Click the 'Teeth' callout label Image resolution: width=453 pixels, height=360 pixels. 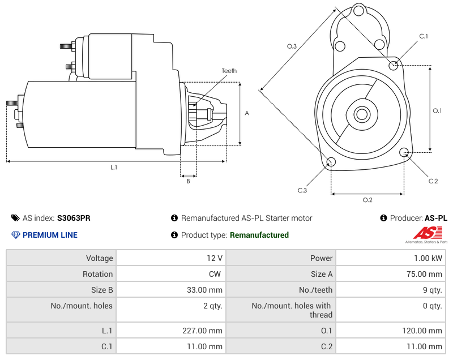(x=229, y=71)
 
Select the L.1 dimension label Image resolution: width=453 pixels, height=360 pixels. (x=114, y=167)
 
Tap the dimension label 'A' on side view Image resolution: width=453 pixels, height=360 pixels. (x=247, y=113)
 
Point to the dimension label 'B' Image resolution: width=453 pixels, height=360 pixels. (x=188, y=181)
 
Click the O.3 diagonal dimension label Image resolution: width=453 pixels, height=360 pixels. (x=292, y=46)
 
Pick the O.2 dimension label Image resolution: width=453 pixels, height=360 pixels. (x=367, y=200)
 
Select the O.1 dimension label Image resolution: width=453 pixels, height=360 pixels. (x=437, y=111)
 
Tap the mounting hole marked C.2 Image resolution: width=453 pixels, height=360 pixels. (x=404, y=152)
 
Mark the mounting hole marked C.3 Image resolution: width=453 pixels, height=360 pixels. (x=331, y=163)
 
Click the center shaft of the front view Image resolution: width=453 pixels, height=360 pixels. (x=361, y=114)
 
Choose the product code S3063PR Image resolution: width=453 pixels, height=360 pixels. (x=74, y=218)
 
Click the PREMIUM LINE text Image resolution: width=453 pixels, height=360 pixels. (x=50, y=235)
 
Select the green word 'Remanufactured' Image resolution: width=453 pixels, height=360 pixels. (x=259, y=235)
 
